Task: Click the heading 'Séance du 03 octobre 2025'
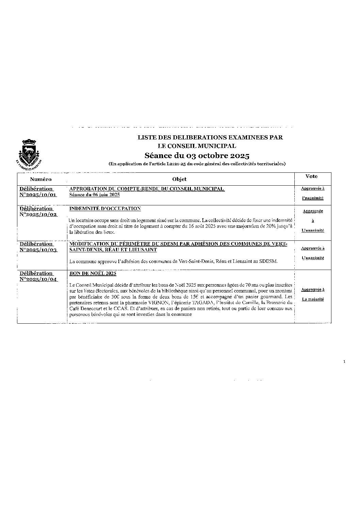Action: [197, 156]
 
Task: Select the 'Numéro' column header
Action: [40, 179]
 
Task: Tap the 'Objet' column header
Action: [179, 179]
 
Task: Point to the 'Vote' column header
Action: [311, 176]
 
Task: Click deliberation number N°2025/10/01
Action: [38, 195]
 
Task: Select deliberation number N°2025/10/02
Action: [38, 215]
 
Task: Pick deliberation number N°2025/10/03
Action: [38, 250]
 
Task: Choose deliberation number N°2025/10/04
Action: [38, 279]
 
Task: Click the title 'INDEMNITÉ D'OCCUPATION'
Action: [105, 208]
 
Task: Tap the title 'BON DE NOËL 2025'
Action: [93, 273]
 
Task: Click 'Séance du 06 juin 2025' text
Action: [95, 195]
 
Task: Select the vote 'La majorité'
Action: [313, 299]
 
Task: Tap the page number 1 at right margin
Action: [344, 362]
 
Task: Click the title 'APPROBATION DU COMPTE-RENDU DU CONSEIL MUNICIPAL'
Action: [147, 189]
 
